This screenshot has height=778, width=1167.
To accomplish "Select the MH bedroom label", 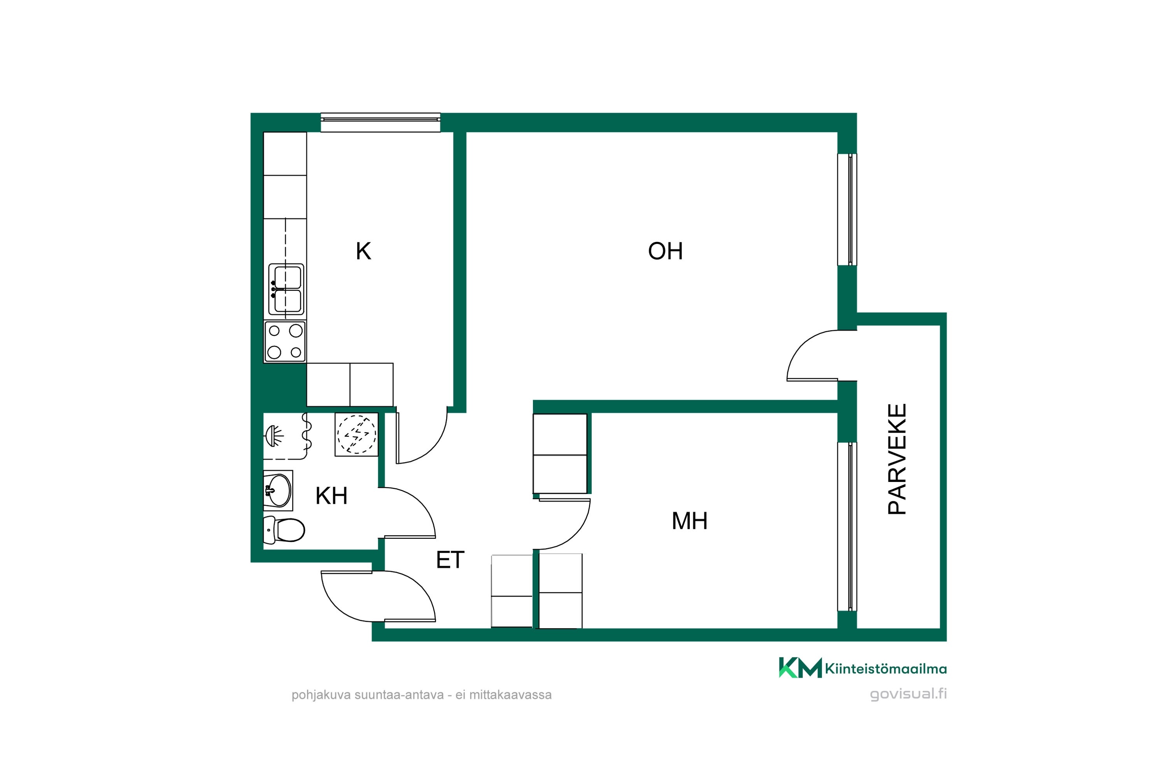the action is (689, 521).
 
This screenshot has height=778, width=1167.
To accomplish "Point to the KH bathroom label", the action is (331, 496).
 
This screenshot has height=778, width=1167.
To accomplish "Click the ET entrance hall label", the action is (450, 560).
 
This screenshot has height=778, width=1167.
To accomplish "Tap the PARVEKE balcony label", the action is (897, 459).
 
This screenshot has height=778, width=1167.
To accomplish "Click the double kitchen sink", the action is (286, 289).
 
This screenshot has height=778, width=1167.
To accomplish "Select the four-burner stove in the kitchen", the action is (285, 342).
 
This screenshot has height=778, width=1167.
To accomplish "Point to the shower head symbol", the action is (274, 435).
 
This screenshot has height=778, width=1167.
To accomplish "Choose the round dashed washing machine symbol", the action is (356, 434).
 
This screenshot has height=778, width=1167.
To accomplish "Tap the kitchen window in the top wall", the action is (380, 123).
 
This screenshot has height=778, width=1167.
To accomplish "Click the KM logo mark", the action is (800, 668).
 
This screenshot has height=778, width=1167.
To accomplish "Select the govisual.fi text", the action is (908, 694).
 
